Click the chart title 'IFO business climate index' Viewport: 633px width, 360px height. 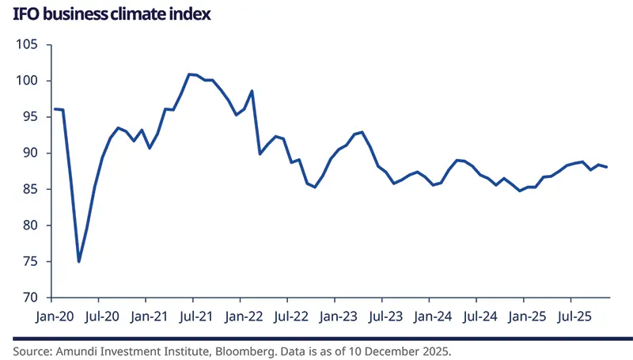coord(111,14)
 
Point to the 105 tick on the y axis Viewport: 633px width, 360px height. coord(28,44)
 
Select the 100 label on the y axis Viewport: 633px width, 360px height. coord(28,81)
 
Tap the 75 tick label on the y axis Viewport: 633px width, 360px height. coord(32,261)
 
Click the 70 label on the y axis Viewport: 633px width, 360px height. coord(32,297)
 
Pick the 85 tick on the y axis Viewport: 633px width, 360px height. coord(32,189)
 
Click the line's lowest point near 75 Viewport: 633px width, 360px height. coord(79,261)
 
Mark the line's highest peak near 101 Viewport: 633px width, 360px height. coord(189,74)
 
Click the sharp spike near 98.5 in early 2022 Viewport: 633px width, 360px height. coord(252,91)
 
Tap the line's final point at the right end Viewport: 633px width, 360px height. coord(607,167)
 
